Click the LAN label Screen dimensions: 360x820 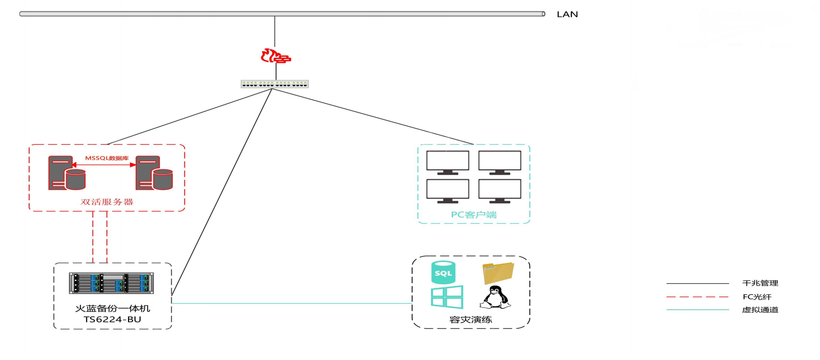pyautogui.click(x=567, y=14)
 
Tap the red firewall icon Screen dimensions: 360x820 pyautogui.click(x=275, y=56)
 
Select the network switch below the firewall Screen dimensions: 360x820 pyautogui.click(x=274, y=84)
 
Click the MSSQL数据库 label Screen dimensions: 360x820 pyautogui.click(x=107, y=158)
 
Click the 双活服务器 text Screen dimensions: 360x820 pyautogui.click(x=107, y=202)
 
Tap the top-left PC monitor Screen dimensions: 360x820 pyautogui.click(x=448, y=162)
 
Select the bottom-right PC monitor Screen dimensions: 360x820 pyautogui.click(x=499, y=191)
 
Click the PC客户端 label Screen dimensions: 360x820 pyautogui.click(x=473, y=215)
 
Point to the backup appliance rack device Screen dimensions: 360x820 pyautogui.click(x=111, y=283)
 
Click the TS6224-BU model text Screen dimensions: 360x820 pyautogui.click(x=112, y=319)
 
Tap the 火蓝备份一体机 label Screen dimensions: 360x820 pyautogui.click(x=112, y=308)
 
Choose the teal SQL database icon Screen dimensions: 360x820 pyautogui.click(x=443, y=272)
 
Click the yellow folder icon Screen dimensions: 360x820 pyautogui.click(x=498, y=273)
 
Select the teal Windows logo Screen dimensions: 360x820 pyautogui.click(x=447, y=297)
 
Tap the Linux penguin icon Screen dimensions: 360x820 pyautogui.click(x=495, y=297)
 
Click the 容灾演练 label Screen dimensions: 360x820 pyautogui.click(x=470, y=320)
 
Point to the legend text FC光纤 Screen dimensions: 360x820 pyautogui.click(x=757, y=297)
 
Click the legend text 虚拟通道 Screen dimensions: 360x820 pyautogui.click(x=760, y=310)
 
